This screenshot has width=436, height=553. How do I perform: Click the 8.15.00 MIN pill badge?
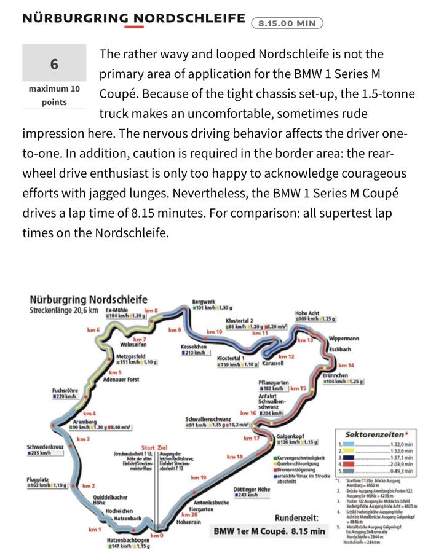[x=287, y=23]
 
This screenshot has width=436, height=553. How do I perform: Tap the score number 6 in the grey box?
[x=54, y=64]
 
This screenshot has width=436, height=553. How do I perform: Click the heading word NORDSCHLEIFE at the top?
[x=185, y=18]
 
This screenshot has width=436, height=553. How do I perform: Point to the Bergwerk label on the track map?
[x=203, y=301]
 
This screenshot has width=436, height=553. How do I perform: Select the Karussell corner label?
[x=273, y=364]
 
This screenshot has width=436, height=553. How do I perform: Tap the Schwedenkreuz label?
[x=45, y=447]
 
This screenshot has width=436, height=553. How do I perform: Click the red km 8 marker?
[x=151, y=311]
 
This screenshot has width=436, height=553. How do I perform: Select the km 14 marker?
[x=346, y=366]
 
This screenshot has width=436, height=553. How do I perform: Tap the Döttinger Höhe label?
[x=252, y=490]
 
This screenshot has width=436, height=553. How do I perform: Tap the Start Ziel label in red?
[x=154, y=447]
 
